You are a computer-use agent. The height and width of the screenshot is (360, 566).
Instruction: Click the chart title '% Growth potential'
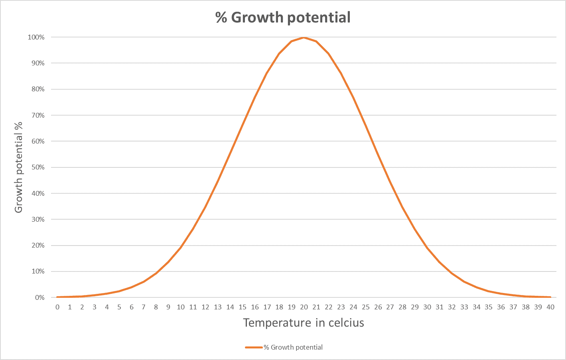(x=283, y=18)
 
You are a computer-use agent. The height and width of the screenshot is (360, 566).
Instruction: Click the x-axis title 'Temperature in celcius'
(x=304, y=323)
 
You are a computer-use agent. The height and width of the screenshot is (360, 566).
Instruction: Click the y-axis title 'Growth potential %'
(x=18, y=167)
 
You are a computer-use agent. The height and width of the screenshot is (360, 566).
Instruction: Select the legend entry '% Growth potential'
(x=293, y=347)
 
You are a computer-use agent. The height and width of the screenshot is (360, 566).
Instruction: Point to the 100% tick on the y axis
(x=36, y=37)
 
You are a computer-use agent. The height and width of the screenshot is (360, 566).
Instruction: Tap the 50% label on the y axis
(x=37, y=167)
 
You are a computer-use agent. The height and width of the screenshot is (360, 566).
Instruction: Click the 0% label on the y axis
(x=39, y=297)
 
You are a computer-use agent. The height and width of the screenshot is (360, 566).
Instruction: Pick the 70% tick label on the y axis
(x=37, y=115)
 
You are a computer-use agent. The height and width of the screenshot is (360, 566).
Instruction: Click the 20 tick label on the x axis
(x=304, y=307)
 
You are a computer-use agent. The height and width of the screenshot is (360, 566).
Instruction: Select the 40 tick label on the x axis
(x=550, y=307)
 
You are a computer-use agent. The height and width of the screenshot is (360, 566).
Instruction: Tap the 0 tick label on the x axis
(x=57, y=307)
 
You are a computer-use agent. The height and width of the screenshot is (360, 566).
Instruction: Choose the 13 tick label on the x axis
(x=218, y=307)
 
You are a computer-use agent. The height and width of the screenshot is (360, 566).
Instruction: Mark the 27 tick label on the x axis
(x=390, y=307)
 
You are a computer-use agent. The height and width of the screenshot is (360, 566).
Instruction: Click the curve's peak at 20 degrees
(x=304, y=37)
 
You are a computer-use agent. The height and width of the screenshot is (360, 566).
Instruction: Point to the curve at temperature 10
(x=181, y=248)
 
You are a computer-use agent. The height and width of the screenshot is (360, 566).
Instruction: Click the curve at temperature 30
(x=427, y=248)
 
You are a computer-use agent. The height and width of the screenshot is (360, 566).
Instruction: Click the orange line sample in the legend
(x=254, y=347)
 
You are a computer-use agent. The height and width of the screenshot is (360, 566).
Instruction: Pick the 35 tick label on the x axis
(x=489, y=307)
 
